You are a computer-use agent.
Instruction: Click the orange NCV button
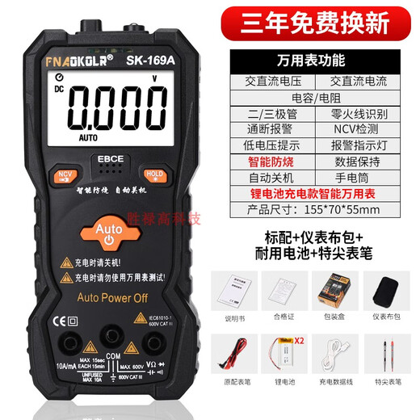[62, 174]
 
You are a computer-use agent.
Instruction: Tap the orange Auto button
[108, 229]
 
